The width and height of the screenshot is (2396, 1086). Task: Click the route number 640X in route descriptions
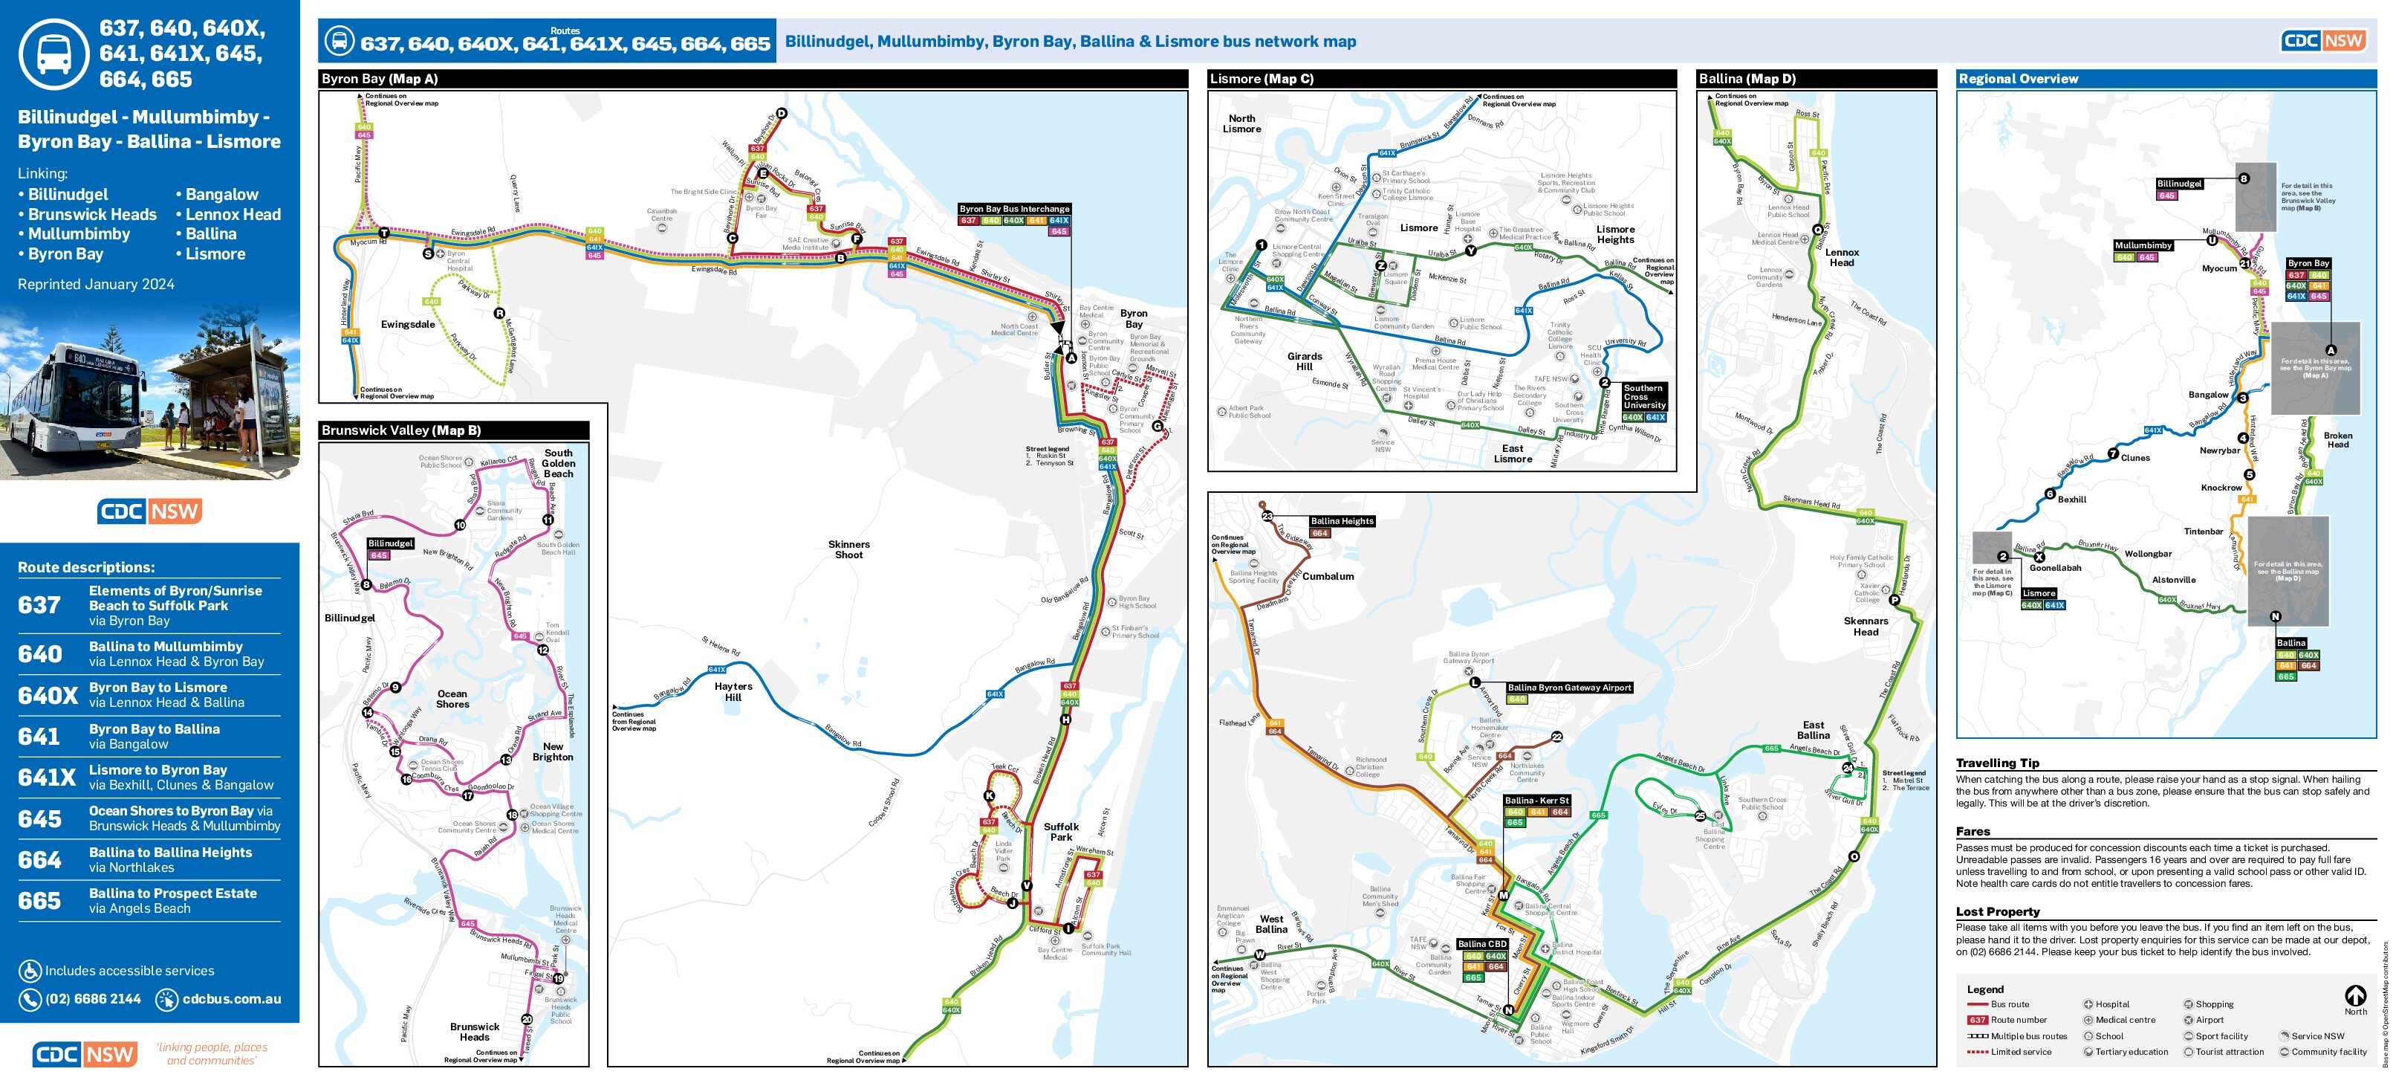[48, 695]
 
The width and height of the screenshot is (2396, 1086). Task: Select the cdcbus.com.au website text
[232, 998]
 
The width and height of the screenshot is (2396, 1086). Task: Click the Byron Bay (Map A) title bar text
[380, 79]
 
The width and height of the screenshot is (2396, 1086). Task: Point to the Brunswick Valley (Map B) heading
[401, 430]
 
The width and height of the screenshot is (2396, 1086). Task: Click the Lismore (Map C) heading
[1262, 79]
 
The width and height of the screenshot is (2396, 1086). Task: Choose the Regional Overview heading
[2017, 79]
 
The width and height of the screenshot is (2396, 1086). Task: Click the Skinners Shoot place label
[848, 549]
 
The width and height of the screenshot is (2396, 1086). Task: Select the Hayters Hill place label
[733, 691]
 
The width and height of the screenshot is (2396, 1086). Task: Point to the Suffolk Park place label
[1060, 831]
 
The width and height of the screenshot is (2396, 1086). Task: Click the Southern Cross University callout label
[1643, 396]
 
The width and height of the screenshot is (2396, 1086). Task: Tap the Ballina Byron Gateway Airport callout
[1569, 688]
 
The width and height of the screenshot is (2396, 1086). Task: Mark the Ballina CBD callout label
[1481, 943]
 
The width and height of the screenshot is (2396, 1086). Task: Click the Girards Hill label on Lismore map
[1304, 361]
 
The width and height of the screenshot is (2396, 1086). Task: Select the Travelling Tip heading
[1996, 762]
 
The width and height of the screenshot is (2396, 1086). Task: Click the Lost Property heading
[1997, 911]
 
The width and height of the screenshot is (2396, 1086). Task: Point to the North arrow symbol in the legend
[2355, 997]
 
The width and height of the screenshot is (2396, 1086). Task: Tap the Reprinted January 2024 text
[96, 284]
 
